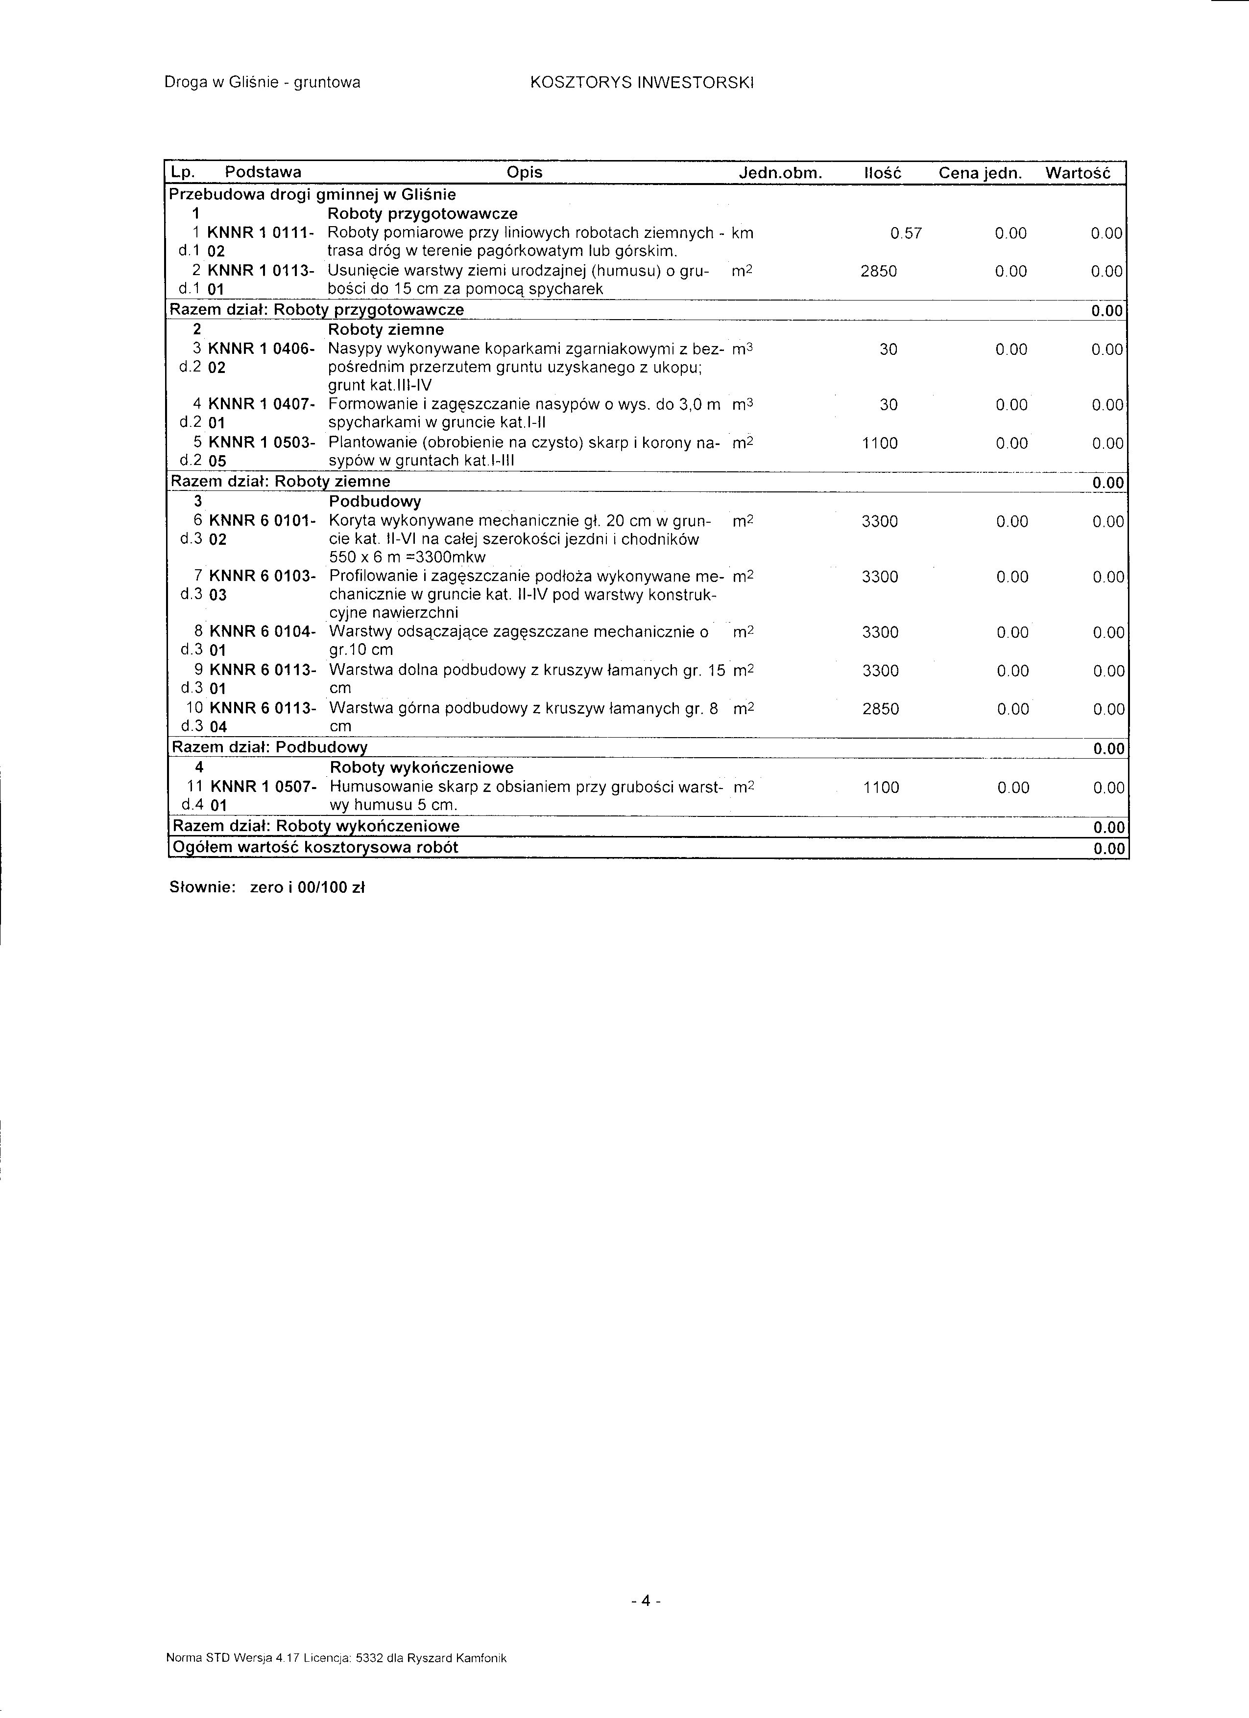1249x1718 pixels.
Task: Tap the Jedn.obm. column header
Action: [x=780, y=173]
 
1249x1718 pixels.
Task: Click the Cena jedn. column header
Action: [x=981, y=173]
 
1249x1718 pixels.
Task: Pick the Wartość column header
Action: [x=1077, y=173]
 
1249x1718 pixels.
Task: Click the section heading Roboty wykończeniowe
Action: [x=421, y=768]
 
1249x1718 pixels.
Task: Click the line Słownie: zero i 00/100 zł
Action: [x=267, y=888]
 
